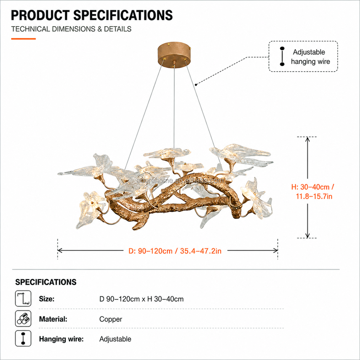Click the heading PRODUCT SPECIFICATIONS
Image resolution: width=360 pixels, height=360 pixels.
[92, 15]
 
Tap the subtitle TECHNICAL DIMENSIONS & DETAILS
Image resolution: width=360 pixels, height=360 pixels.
[71, 29]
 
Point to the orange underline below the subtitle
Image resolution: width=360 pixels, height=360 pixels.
[23, 39]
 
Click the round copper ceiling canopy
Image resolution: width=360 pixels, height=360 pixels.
[174, 53]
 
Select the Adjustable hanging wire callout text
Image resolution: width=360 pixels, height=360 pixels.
[310, 57]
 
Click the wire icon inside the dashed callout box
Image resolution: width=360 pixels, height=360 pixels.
[282, 56]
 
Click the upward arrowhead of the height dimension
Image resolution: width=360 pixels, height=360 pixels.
[307, 139]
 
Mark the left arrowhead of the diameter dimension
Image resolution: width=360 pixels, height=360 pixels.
[60, 250]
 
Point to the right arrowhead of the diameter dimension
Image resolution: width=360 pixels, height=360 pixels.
[276, 250]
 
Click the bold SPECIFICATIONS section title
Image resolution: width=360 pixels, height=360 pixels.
[46, 282]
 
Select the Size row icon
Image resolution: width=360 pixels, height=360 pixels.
[23, 298]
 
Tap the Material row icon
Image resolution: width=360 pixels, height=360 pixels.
[23, 319]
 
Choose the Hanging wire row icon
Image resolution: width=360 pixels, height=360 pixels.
[23, 339]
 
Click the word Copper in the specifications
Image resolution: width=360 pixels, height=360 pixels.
[111, 319]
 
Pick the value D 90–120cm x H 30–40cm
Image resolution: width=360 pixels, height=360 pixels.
[141, 299]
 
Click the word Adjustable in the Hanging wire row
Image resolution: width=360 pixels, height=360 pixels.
[115, 339]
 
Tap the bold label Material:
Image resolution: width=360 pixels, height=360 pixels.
[53, 319]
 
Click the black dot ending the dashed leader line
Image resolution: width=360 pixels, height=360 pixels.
[196, 85]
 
